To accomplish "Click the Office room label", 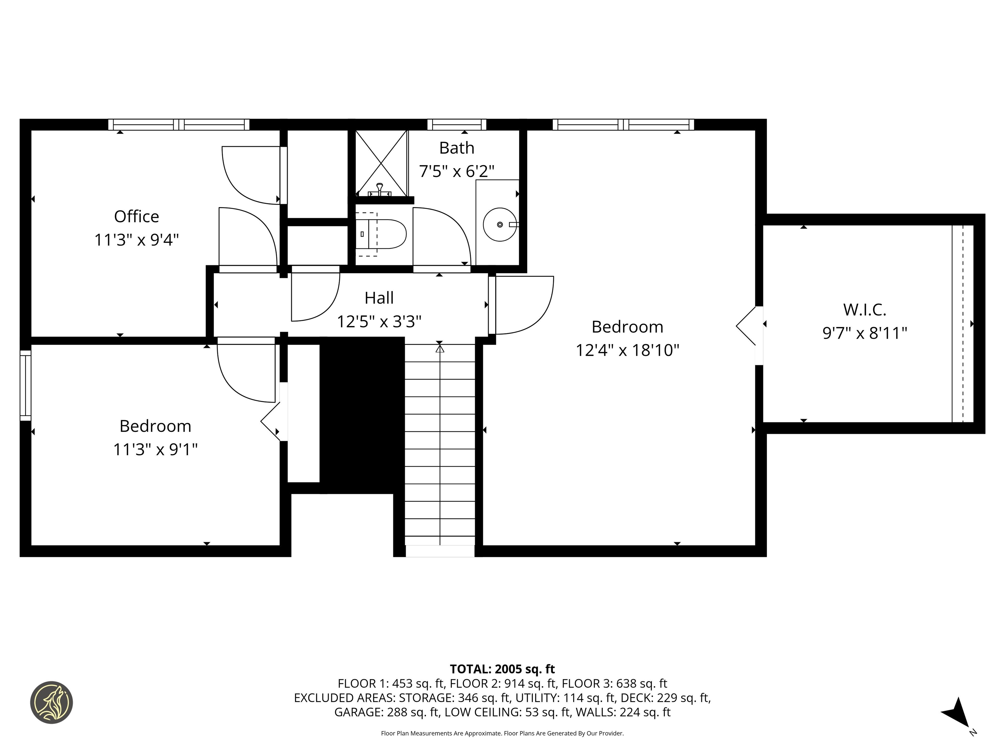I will tap(136, 216).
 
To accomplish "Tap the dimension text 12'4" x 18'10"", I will tap(627, 350).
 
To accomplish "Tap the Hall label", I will tap(379, 298).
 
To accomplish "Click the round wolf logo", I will tap(51, 702).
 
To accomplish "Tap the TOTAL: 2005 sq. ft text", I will tap(502, 669).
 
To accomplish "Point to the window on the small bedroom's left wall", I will tap(26, 386).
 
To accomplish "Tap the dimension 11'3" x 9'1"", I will tap(155, 450).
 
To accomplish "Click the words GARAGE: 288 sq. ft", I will tap(387, 712).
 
